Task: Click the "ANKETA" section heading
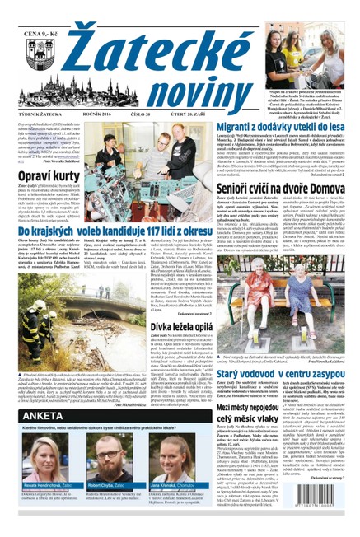32,416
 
